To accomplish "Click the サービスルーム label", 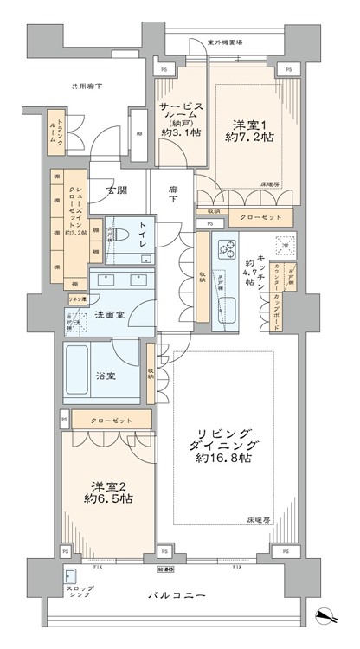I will tap(181, 114).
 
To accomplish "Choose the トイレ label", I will tap(138, 233).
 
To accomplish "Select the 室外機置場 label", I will tap(224, 41).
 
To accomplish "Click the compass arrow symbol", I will tap(327, 617).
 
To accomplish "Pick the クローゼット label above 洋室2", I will tap(109, 421).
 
